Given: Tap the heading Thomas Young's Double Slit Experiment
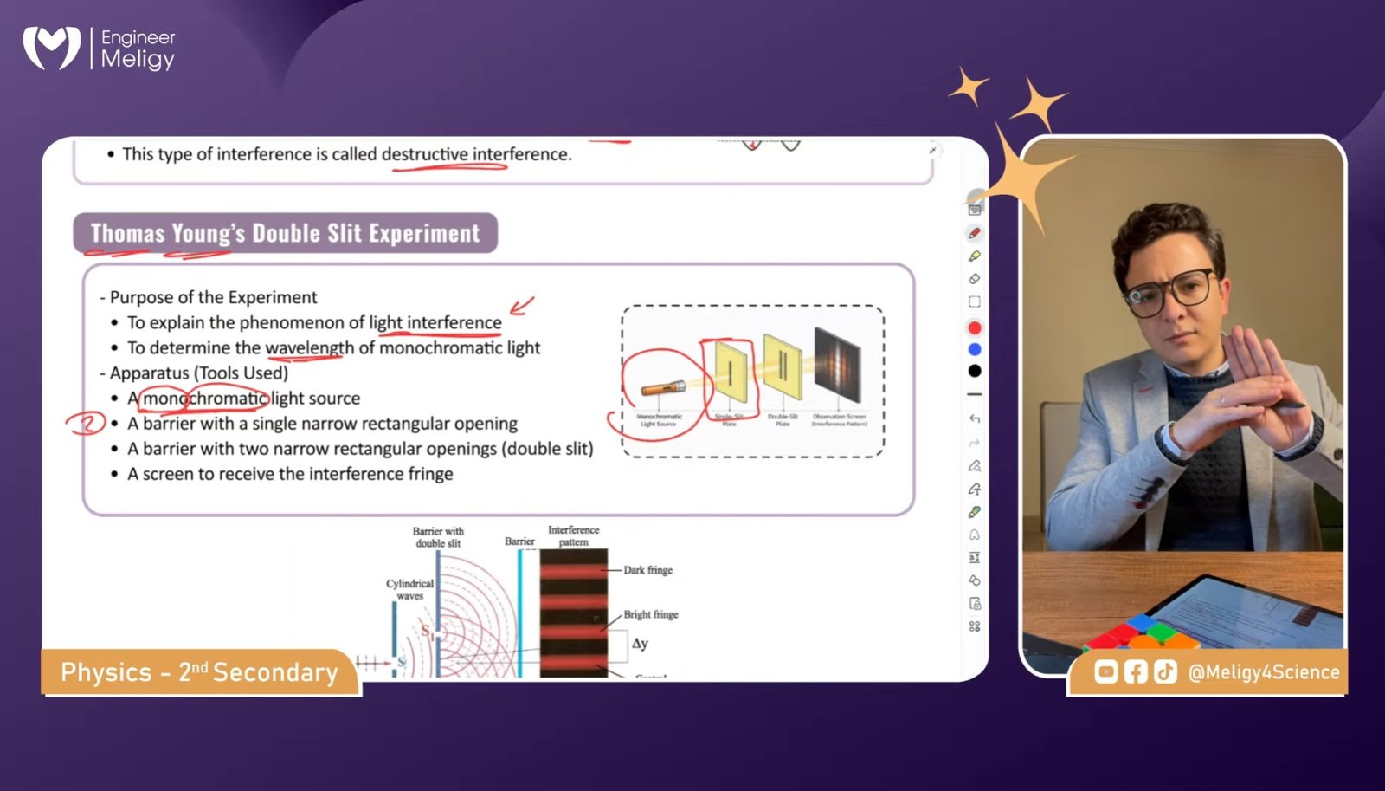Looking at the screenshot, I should pyautogui.click(x=285, y=233).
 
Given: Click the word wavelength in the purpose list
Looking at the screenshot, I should pyautogui.click(x=309, y=347).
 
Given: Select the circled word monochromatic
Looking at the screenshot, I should pyautogui.click(x=205, y=398).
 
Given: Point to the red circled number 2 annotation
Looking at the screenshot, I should pyautogui.click(x=86, y=424).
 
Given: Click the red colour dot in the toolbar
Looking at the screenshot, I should pyautogui.click(x=975, y=327).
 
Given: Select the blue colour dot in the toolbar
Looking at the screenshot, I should pyautogui.click(x=975, y=349).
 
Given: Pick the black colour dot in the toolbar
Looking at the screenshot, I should pyautogui.click(x=975, y=371).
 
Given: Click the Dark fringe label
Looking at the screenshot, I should pyautogui.click(x=647, y=570).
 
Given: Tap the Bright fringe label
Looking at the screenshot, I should pyautogui.click(x=650, y=614).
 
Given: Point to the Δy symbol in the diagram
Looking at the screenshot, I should pyautogui.click(x=640, y=644).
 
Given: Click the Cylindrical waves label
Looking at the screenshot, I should pyautogui.click(x=409, y=589).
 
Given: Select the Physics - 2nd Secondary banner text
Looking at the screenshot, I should pyautogui.click(x=199, y=672).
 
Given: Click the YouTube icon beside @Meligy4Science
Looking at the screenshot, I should pyautogui.click(x=1105, y=671).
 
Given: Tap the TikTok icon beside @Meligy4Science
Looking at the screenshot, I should pyautogui.click(x=1165, y=671).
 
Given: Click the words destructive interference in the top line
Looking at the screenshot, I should pyautogui.click(x=475, y=154).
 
